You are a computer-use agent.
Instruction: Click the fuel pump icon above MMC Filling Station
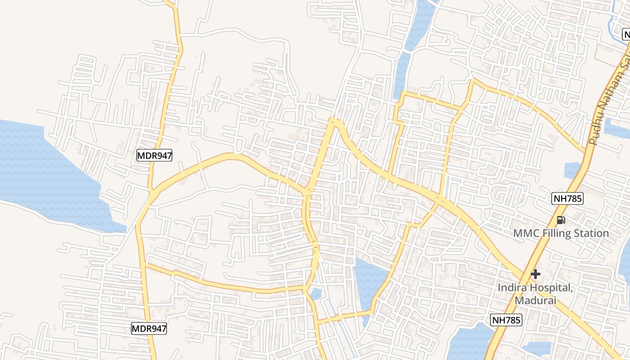tap(561, 220)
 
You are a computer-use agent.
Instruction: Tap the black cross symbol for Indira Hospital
tap(535, 274)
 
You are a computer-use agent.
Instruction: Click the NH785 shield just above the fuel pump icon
tap(567, 198)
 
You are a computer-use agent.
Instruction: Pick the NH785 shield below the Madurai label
tap(506, 320)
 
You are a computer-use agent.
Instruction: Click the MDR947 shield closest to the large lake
tap(154, 156)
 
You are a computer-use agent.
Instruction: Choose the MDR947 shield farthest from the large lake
tap(149, 328)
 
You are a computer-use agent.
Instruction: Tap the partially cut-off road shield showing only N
tap(626, 34)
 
